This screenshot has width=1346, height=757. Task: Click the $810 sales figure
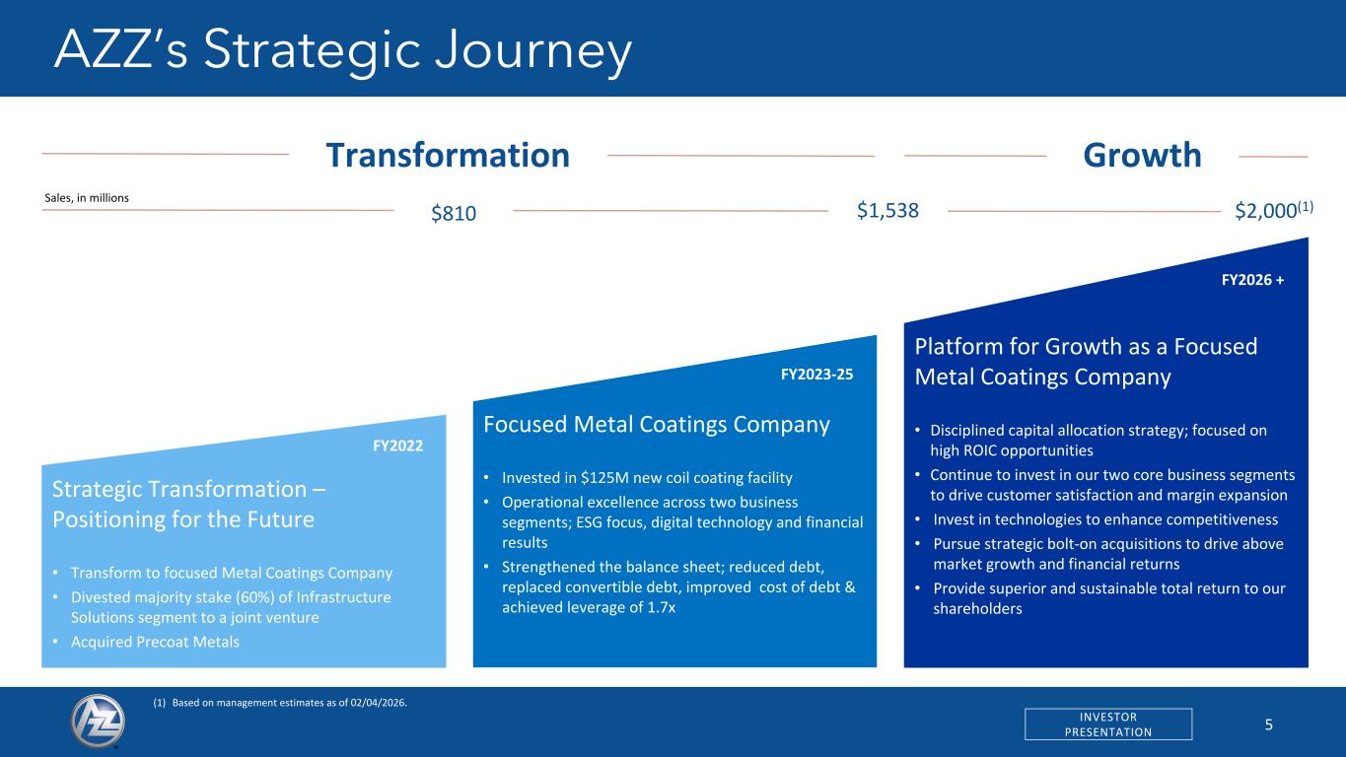pyautogui.click(x=454, y=213)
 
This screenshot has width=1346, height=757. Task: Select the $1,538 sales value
pyautogui.click(x=887, y=210)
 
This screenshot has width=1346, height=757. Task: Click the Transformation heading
pyautogui.click(x=448, y=155)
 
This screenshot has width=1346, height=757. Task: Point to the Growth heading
pyautogui.click(x=1142, y=155)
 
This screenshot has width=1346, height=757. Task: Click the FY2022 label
pyautogui.click(x=397, y=446)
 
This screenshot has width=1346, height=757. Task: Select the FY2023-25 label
pyautogui.click(x=816, y=375)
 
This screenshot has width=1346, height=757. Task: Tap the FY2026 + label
pyautogui.click(x=1253, y=280)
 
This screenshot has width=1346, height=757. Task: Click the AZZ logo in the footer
pyautogui.click(x=98, y=721)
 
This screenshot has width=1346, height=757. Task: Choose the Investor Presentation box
pyautogui.click(x=1108, y=723)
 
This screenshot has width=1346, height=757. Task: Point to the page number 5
pyautogui.click(x=1268, y=724)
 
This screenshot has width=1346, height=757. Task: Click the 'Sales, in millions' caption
pyautogui.click(x=87, y=198)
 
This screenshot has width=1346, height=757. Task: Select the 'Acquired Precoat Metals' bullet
pyautogui.click(x=155, y=642)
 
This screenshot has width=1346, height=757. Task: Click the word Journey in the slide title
pyautogui.click(x=532, y=50)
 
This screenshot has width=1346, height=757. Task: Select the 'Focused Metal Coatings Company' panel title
pyautogui.click(x=656, y=424)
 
